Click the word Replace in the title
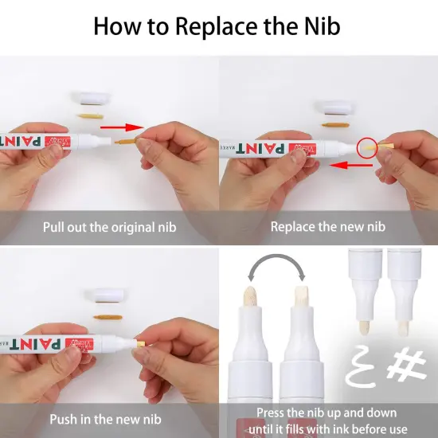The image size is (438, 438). [216, 27]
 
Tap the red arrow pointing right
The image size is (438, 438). [122, 127]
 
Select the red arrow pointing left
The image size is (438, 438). [351, 166]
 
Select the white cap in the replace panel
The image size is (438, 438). [334, 108]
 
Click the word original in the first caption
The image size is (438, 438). [132, 228]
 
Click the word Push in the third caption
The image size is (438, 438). [64, 420]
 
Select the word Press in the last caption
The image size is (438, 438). [271, 413]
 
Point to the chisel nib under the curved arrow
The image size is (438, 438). [301, 296]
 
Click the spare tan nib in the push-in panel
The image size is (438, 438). [108, 317]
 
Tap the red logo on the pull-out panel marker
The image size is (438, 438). [58, 142]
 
